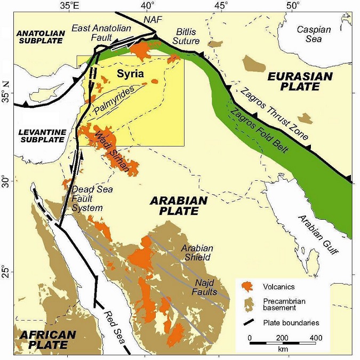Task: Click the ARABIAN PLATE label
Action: point(174,205)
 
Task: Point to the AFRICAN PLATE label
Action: point(47,341)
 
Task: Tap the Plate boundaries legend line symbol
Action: point(247,323)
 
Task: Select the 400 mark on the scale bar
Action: point(315,339)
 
